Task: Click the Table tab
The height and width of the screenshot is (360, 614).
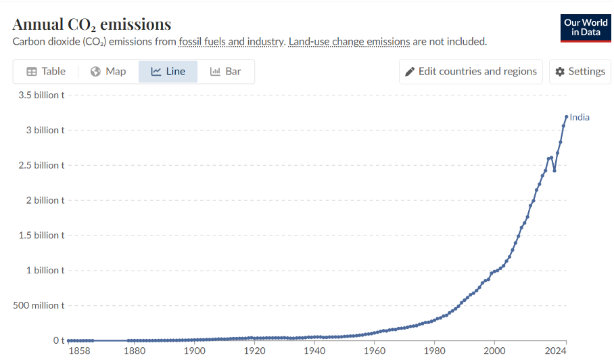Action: [46, 71]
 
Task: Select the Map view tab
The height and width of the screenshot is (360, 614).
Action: [108, 71]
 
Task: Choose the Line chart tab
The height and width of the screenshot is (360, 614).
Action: [168, 71]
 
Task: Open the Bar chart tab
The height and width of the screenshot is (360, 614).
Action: [226, 71]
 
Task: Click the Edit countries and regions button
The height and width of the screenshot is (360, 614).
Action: [471, 71]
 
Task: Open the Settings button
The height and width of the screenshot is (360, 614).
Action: [580, 71]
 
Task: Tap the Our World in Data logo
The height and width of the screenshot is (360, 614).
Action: [586, 28]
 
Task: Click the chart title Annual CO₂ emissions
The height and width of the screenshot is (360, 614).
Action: [92, 24]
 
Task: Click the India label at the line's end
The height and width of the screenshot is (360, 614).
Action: [579, 117]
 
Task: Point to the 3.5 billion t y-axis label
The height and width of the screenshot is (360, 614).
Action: [41, 95]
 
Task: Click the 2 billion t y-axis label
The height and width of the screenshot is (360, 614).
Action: [45, 200]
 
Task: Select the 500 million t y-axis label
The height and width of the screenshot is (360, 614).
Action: [39, 305]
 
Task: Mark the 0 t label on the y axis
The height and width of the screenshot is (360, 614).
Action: [59, 340]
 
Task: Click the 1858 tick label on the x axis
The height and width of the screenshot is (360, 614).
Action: [79, 351]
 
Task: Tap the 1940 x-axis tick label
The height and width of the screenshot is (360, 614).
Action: [314, 351]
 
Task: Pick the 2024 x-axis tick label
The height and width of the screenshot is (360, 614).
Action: [556, 351]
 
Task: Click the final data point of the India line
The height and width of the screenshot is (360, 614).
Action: [566, 117]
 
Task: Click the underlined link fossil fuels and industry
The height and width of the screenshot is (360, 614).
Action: [231, 41]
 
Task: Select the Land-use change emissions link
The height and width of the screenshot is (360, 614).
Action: [350, 41]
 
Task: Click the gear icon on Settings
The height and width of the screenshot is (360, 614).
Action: [560, 72]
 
